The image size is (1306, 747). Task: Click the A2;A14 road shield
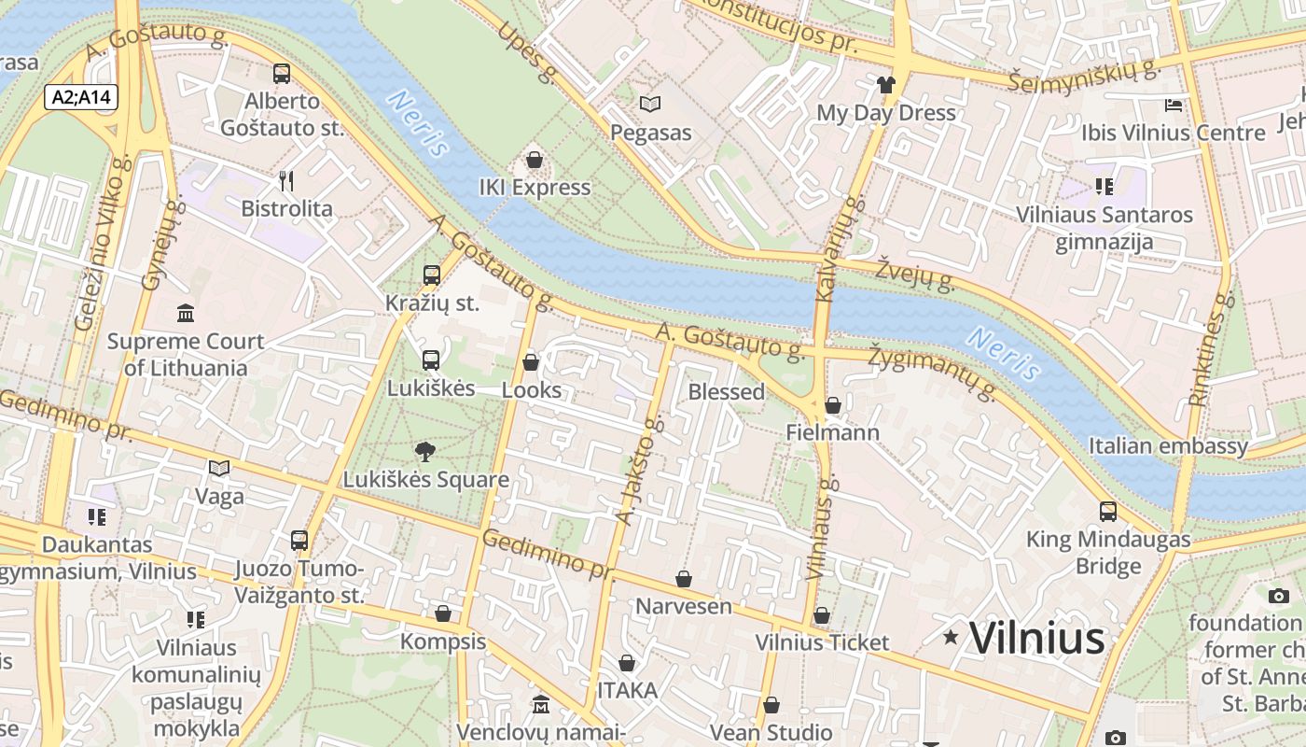[x=81, y=96]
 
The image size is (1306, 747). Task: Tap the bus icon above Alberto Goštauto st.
[x=281, y=74]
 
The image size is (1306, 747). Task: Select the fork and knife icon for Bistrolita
[x=286, y=181]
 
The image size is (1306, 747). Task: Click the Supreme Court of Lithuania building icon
[x=186, y=314]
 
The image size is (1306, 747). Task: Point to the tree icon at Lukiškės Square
[x=425, y=453]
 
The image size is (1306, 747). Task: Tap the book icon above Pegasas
[x=650, y=105]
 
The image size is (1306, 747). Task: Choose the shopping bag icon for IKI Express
[x=535, y=160]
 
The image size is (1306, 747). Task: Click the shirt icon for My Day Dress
[x=885, y=85]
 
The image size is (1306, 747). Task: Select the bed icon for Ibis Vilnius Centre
[x=1174, y=105]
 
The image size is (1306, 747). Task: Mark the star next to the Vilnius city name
[x=951, y=638]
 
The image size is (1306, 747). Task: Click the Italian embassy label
[x=1168, y=446]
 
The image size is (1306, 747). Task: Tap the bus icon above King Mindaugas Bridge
[x=1108, y=512]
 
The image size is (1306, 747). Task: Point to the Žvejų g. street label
[x=914, y=275]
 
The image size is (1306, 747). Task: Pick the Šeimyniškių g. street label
[x=1083, y=75]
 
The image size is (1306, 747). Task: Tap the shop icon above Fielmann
[x=832, y=405]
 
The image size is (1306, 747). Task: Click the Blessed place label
[x=726, y=392]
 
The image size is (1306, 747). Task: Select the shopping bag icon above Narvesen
[x=684, y=579]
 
